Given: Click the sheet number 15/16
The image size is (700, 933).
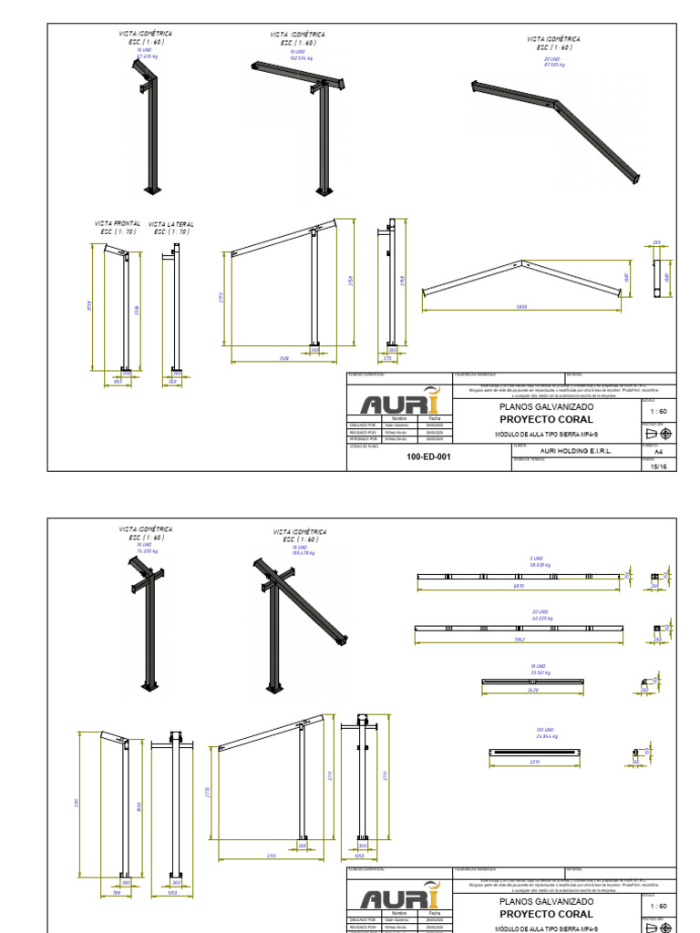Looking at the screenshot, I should pyautogui.click(x=660, y=466).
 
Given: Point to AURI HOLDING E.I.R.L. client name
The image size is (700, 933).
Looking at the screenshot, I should pyautogui.click(x=576, y=450).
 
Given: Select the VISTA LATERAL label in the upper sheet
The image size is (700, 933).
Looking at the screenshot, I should pyautogui.click(x=171, y=224).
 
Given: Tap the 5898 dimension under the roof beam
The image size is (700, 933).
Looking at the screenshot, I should pyautogui.click(x=520, y=307).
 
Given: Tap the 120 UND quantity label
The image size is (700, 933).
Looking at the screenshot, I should pyautogui.click(x=545, y=730).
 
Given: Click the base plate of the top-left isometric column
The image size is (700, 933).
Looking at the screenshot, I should pyautogui.click(x=150, y=190).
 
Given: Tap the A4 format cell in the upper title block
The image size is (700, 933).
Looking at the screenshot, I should pyautogui.click(x=658, y=450).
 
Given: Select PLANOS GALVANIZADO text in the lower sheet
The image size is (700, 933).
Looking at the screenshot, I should pyautogui.click(x=546, y=901).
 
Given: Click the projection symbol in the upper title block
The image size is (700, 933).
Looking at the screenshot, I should pyautogui.click(x=658, y=433).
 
